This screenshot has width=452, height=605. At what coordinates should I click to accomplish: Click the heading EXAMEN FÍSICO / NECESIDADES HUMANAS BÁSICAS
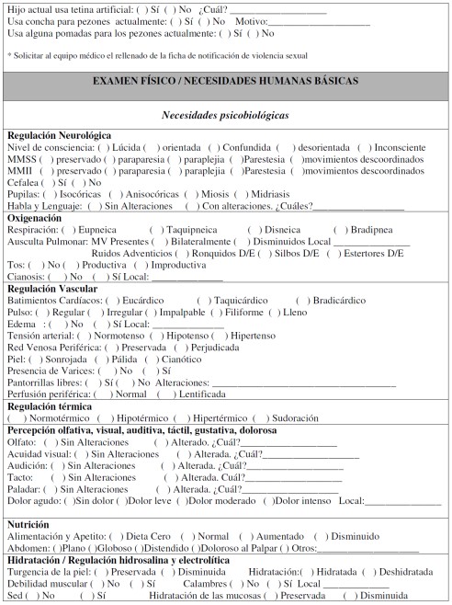(x=226, y=81)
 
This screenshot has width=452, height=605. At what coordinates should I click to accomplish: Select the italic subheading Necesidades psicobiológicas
(x=226, y=117)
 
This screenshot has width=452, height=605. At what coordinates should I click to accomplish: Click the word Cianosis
(x=25, y=277)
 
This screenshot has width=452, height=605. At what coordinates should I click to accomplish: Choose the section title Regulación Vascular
(x=52, y=289)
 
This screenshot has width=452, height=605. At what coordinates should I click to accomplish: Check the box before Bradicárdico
(x=298, y=301)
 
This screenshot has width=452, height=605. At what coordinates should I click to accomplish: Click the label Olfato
(x=20, y=441)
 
